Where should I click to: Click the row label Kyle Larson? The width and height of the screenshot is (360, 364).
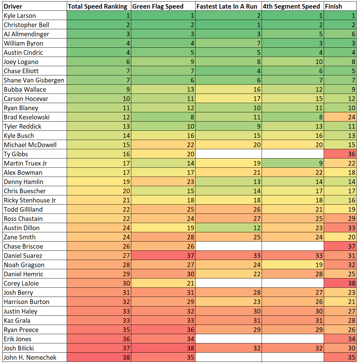[x=20, y=16]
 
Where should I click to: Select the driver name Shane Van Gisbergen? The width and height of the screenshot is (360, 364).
[x=34, y=80]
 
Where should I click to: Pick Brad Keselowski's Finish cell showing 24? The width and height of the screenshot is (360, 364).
[x=340, y=117]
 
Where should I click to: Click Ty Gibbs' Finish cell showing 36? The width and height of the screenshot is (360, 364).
[x=340, y=154]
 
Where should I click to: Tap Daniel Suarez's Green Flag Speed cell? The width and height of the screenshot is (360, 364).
[x=163, y=256]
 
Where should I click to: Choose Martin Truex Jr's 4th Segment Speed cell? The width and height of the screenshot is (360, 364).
[x=292, y=163]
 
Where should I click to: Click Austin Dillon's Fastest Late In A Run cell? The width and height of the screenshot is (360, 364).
[x=228, y=228]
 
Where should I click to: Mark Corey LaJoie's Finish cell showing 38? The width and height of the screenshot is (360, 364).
[x=340, y=283]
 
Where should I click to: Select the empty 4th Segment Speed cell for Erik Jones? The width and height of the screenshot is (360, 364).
[x=292, y=339]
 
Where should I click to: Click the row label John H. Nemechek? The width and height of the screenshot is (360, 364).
[x=30, y=358]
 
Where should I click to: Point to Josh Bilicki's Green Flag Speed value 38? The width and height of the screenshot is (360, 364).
[x=163, y=348]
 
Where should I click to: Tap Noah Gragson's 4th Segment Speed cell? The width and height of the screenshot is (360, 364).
[x=292, y=265]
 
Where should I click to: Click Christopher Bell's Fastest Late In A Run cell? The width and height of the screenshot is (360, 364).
[x=228, y=25]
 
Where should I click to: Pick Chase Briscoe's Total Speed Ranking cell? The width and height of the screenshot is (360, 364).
[x=99, y=246]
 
